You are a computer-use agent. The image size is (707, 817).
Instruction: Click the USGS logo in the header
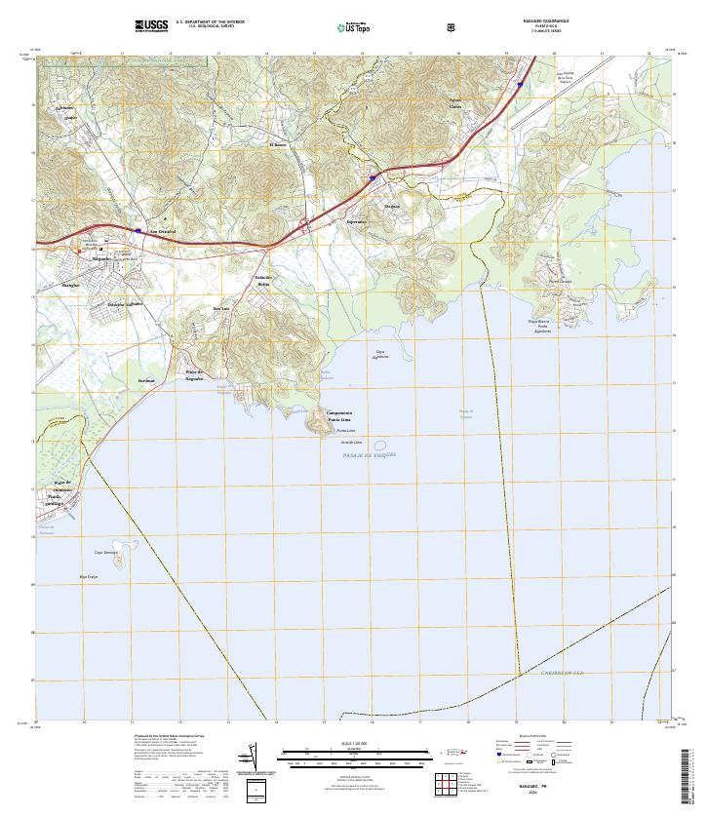[x=151, y=25]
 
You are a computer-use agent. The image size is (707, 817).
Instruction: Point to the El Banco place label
[x=278, y=145]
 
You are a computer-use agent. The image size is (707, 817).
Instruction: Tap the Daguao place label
[x=392, y=207]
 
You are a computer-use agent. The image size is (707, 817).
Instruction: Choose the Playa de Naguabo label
[x=194, y=375]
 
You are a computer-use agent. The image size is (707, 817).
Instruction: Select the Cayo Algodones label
[x=381, y=354]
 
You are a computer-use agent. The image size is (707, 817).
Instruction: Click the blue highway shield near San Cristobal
[x=139, y=231]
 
